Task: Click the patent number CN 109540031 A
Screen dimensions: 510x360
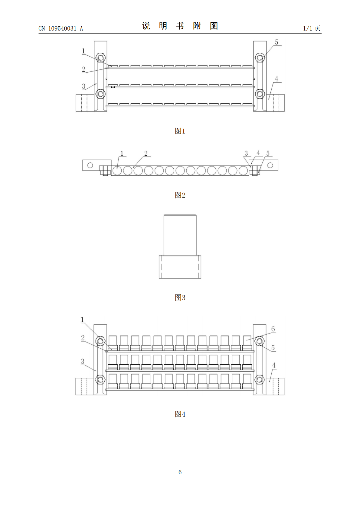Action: tap(61, 28)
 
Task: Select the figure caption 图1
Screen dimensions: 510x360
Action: tap(180, 131)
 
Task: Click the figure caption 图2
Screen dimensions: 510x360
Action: tap(180, 195)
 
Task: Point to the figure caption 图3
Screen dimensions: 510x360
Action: tap(180, 298)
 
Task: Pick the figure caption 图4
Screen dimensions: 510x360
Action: tap(180, 414)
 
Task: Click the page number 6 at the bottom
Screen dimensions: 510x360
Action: tap(180, 472)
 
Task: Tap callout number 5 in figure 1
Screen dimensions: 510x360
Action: tap(276, 42)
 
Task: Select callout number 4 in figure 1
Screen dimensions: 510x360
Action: tap(276, 79)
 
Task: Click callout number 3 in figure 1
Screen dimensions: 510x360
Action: tap(84, 86)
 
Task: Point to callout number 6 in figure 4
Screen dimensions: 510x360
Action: tap(273, 329)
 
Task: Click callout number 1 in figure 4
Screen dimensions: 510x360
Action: tap(82, 320)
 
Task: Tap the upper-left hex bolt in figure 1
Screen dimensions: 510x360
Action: tap(100, 58)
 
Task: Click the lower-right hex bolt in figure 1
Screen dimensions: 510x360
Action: tap(259, 94)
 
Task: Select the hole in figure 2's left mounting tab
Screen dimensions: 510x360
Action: tap(90, 165)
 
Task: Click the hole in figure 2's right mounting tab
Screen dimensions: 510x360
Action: tap(270, 165)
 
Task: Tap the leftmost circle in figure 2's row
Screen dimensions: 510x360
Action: tap(117, 171)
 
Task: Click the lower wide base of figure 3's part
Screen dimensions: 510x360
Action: tap(180, 267)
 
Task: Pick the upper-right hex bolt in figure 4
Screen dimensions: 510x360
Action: tap(259, 341)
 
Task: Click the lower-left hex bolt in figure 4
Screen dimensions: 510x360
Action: tap(100, 379)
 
